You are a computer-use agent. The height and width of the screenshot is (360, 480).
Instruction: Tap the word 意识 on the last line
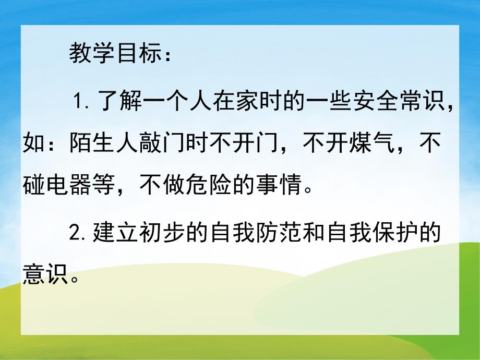46,274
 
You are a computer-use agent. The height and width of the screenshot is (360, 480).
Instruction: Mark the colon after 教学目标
167,56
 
